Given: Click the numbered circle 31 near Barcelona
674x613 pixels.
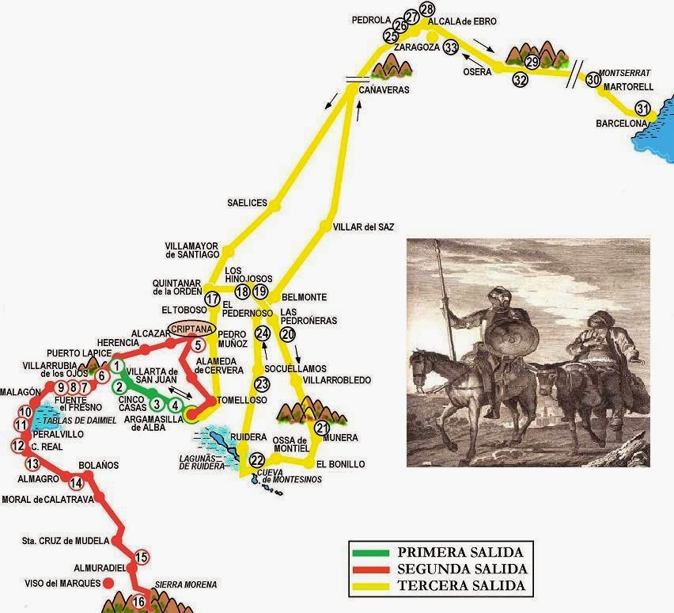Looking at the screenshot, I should [x=643, y=109].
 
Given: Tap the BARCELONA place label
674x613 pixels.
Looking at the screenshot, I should [x=622, y=124].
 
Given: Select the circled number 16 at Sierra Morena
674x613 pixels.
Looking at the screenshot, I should [x=138, y=601].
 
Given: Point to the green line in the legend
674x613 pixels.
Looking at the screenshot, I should [x=372, y=552].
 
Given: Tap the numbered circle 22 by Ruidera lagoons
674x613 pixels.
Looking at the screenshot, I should [x=256, y=460].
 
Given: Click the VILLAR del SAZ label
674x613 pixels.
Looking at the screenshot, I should [x=363, y=227].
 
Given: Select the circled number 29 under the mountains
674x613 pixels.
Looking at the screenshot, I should [x=532, y=62].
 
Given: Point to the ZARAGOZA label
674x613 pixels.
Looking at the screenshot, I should [x=411, y=47].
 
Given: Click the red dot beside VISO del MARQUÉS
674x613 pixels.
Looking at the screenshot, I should [x=108, y=583].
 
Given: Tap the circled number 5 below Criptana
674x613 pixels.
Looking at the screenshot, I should [x=198, y=345].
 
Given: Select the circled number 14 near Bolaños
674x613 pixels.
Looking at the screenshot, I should [x=76, y=483].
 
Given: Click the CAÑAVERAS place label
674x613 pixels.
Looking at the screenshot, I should [x=384, y=91].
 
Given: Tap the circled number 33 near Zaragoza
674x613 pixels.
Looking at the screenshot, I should [x=451, y=47].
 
